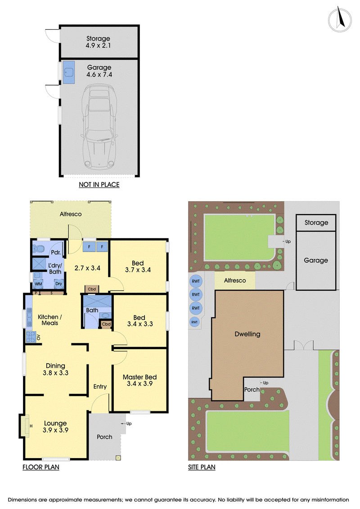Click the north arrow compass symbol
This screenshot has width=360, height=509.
pos(340,19)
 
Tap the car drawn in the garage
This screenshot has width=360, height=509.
pos(99,126)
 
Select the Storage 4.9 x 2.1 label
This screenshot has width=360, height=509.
pos(98,42)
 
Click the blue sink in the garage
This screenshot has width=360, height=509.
pos(69,72)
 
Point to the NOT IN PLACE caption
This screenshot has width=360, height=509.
pos(99,185)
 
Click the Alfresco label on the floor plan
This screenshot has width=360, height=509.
pos(71,214)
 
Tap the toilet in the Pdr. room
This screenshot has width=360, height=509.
pos(39,249)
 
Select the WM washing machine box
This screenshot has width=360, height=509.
pos(38,284)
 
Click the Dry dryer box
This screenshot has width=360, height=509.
pos(58,284)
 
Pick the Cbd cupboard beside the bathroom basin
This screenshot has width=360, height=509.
pos(106,324)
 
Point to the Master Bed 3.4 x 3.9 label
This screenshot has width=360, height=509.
pos(139,380)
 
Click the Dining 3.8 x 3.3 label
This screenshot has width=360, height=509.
pos(55,369)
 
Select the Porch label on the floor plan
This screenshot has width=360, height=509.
pos(104,437)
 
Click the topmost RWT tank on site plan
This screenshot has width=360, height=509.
pos(196,281)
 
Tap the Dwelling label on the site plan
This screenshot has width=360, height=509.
pos(247,334)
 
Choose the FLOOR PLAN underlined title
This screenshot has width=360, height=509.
pos(41,467)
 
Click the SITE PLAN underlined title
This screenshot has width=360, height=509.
pos(202,467)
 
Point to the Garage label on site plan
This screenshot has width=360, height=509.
pos(316,260)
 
